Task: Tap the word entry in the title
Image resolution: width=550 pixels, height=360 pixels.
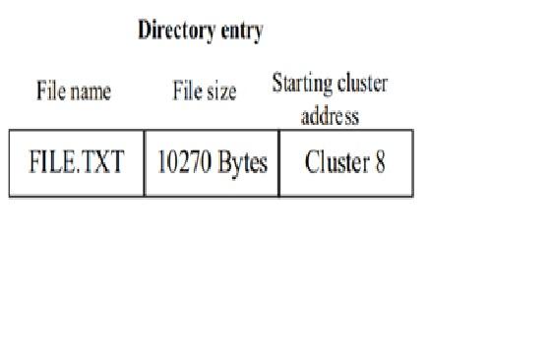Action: click(241, 31)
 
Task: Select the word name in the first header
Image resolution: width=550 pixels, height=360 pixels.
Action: click(91, 92)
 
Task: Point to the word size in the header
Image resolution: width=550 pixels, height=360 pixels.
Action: click(219, 92)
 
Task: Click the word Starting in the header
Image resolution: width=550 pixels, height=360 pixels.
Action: click(301, 85)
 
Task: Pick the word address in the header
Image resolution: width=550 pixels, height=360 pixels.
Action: click(330, 117)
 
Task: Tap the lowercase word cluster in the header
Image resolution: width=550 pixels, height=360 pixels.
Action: click(361, 85)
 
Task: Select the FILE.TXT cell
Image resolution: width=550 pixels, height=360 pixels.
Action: click(77, 163)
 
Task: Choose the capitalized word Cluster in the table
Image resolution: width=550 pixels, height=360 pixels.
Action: click(336, 163)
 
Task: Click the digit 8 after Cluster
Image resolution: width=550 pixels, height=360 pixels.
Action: click(379, 163)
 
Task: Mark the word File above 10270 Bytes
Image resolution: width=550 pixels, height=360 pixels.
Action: click(187, 92)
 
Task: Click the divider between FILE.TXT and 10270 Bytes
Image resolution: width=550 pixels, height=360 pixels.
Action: click(144, 163)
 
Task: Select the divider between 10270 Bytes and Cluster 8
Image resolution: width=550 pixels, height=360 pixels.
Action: click(278, 163)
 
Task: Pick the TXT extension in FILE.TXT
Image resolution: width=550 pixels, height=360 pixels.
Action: click(104, 163)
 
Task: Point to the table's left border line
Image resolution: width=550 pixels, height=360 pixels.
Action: click(10, 163)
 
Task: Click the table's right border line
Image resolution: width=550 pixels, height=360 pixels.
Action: click(412, 163)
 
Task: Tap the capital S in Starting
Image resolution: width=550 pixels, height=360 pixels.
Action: click(276, 85)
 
